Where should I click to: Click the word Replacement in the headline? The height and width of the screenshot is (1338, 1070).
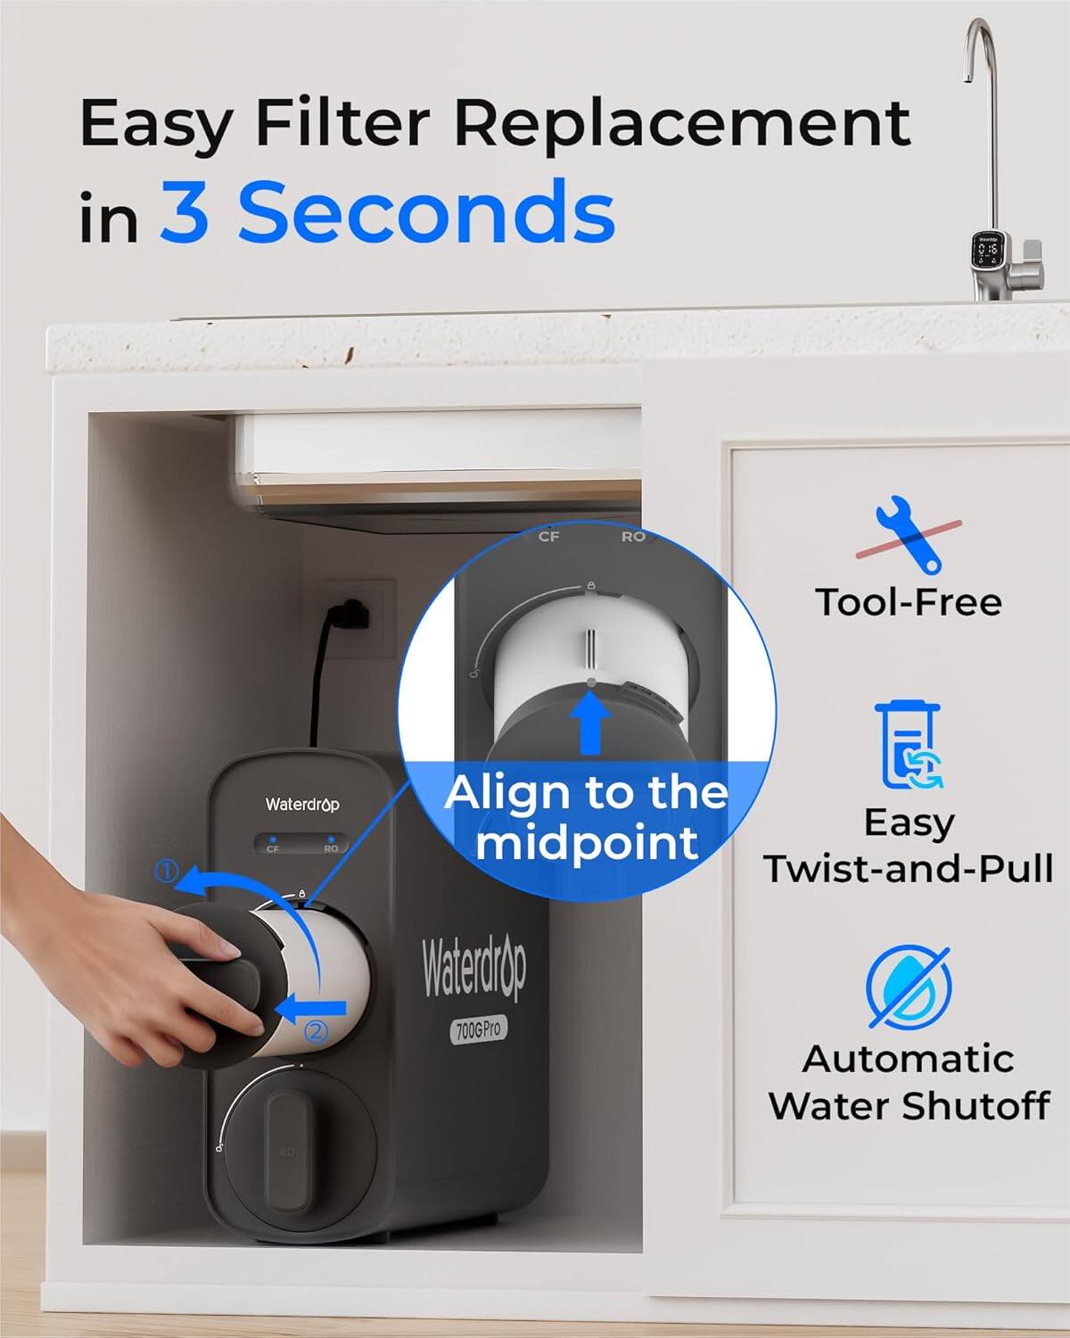pos(682,123)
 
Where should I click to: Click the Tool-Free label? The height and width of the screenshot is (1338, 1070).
pos(909,602)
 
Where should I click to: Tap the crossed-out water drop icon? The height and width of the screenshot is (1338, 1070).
pos(909,987)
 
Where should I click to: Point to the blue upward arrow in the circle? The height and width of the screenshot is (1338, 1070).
pos(588,723)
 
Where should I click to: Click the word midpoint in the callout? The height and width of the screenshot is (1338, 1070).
pos(587,842)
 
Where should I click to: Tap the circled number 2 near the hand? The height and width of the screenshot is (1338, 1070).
pos(317,1032)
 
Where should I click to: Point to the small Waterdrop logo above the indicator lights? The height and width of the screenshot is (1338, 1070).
pos(302,805)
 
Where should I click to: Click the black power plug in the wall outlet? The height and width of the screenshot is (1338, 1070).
pos(350,612)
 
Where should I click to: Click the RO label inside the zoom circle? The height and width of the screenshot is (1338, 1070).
pos(633,537)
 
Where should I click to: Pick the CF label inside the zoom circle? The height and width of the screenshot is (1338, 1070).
pos(548,537)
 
